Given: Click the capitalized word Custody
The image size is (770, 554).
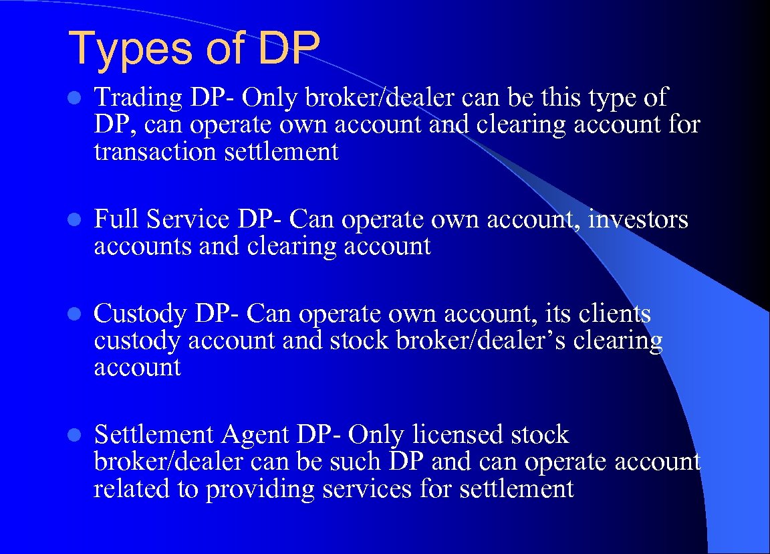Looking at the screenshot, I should click(x=140, y=314).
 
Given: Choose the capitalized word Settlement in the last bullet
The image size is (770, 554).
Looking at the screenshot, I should click(x=153, y=435).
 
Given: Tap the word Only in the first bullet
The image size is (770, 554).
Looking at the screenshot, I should click(x=271, y=98).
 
